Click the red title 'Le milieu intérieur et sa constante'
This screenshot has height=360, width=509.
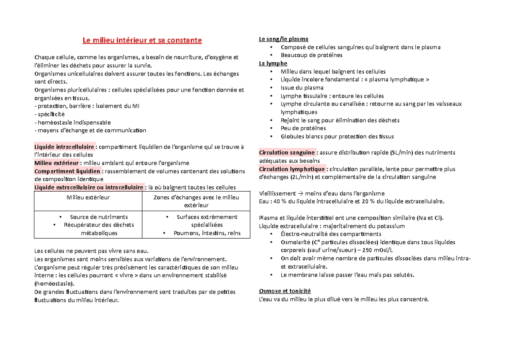(142, 41)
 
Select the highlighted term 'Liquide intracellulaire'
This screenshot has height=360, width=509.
(65, 147)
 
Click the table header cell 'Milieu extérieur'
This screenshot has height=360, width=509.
(88, 197)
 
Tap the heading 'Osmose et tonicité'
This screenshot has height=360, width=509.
(285, 291)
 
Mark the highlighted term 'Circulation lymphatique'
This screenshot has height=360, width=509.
(291, 169)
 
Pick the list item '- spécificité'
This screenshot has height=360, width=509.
(50, 114)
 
